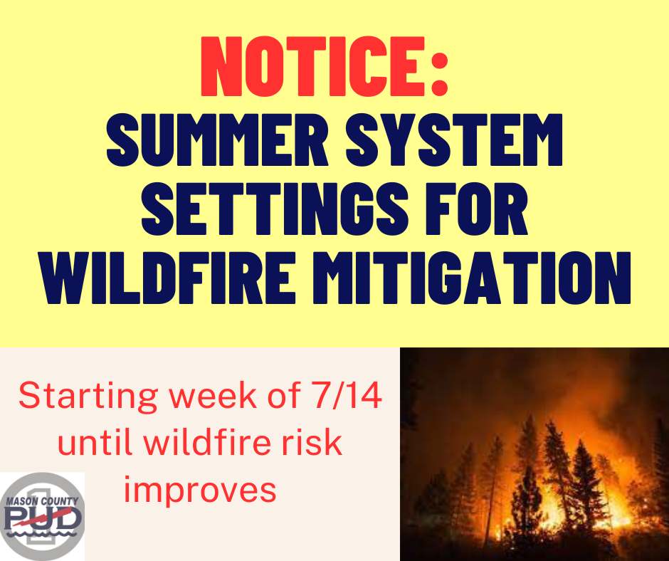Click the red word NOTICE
[x=313, y=66]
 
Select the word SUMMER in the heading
[x=217, y=140]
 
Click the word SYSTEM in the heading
[x=454, y=140]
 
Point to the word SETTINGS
[x=275, y=209]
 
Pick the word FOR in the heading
[x=477, y=209]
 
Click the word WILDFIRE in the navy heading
[x=169, y=278]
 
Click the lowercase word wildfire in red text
[x=206, y=442]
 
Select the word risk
[x=312, y=442]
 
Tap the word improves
[x=200, y=491]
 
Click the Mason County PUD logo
[x=42, y=516]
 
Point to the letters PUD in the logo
[x=42, y=519]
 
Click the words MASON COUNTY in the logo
[x=42, y=501]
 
